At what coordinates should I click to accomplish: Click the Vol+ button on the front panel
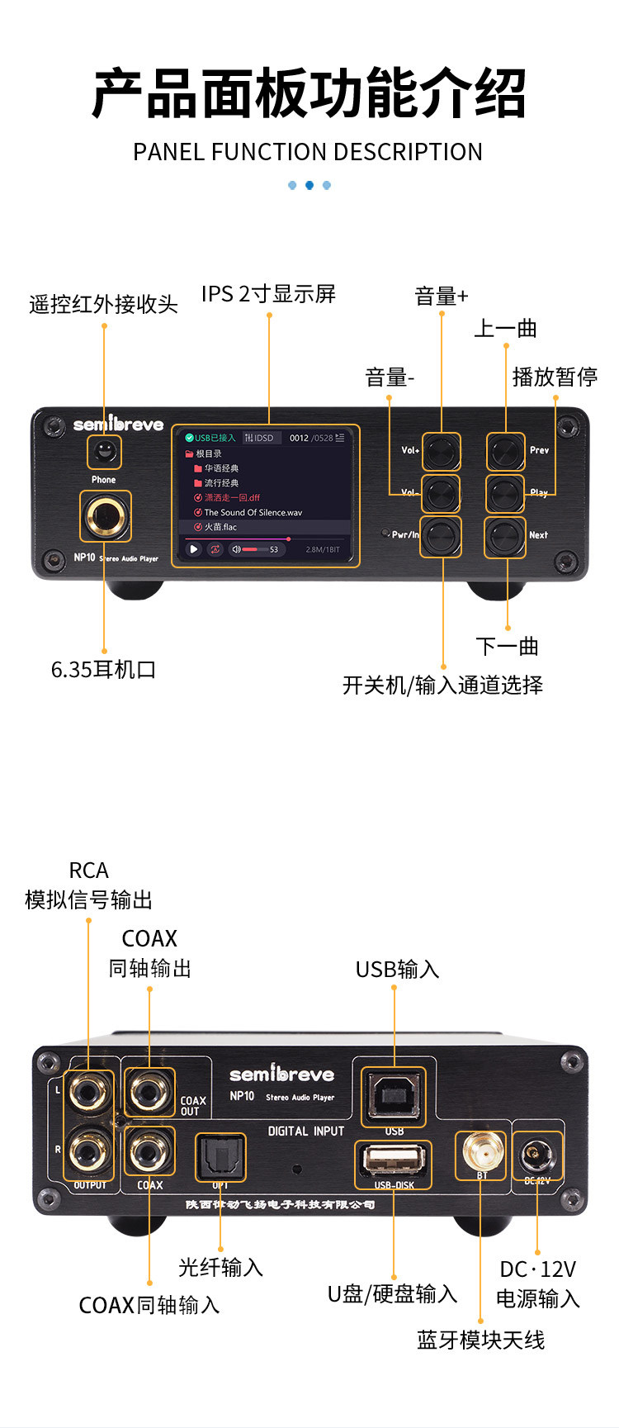[x=441, y=451]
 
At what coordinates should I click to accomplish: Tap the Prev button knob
[x=504, y=451]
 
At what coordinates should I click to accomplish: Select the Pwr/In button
[x=441, y=537]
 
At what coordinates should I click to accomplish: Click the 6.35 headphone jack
[x=105, y=516]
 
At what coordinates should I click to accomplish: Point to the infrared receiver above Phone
[x=104, y=451]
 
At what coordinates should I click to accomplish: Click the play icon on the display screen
[x=194, y=549]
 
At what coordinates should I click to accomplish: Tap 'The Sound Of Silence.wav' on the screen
[x=253, y=512]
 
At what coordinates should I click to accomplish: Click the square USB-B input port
[x=395, y=1096]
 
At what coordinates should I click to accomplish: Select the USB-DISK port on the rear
[x=394, y=1160]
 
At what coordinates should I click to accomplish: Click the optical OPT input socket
[x=220, y=1158]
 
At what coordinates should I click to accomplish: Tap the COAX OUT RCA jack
[x=150, y=1092]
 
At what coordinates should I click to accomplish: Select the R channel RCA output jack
[x=88, y=1150]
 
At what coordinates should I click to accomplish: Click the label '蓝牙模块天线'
[x=480, y=1340]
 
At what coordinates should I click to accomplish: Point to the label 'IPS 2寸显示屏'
[x=268, y=294]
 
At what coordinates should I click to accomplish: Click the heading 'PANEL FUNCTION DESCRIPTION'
[x=308, y=152]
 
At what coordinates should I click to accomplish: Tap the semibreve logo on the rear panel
[x=281, y=1075]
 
